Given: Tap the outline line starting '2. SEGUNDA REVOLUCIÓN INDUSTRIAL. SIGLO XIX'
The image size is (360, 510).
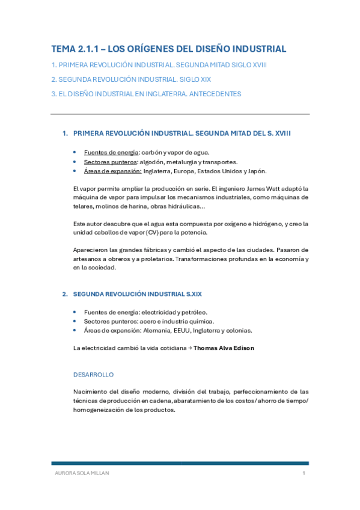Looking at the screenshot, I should click(x=131, y=79).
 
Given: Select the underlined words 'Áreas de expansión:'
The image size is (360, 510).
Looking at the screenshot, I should click(x=113, y=171).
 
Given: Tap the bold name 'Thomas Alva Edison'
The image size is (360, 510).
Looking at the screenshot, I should click(x=224, y=348).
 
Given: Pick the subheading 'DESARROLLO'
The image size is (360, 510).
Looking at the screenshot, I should click(x=93, y=374).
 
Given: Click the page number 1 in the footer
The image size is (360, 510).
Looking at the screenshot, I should click(x=304, y=473).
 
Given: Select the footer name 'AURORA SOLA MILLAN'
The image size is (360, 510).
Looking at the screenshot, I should click(x=82, y=473).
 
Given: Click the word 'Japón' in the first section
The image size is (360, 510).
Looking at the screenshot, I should click(x=255, y=171).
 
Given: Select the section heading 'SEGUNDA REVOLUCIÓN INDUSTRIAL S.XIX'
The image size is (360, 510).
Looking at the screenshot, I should click(x=137, y=294).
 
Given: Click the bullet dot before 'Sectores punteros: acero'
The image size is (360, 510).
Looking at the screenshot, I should click(x=74, y=321).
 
